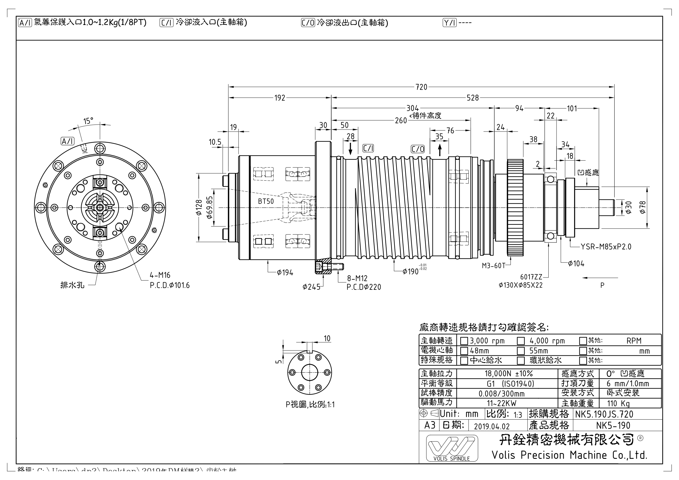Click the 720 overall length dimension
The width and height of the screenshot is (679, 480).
coord(421,87)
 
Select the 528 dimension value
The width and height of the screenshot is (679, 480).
coord(472,98)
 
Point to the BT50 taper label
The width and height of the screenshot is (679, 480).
coord(266,202)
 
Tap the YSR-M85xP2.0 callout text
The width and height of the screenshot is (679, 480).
coord(606,247)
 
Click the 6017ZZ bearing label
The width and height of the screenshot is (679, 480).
coord(531,277)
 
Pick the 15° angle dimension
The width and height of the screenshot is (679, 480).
coord(88,121)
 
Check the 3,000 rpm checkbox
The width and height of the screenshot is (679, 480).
coord(464,341)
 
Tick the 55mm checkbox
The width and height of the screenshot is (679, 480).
coord(521,351)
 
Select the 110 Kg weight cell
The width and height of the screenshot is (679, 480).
coord(618,403)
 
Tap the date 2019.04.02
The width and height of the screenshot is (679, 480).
coord(492,426)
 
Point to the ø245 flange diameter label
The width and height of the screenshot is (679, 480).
coord(311,287)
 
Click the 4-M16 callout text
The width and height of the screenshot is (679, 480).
coord(160,275)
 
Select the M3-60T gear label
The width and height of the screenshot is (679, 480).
coord(493,266)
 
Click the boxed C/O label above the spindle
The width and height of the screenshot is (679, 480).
coord(418,149)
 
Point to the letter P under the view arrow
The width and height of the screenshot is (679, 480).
coord(602,285)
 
